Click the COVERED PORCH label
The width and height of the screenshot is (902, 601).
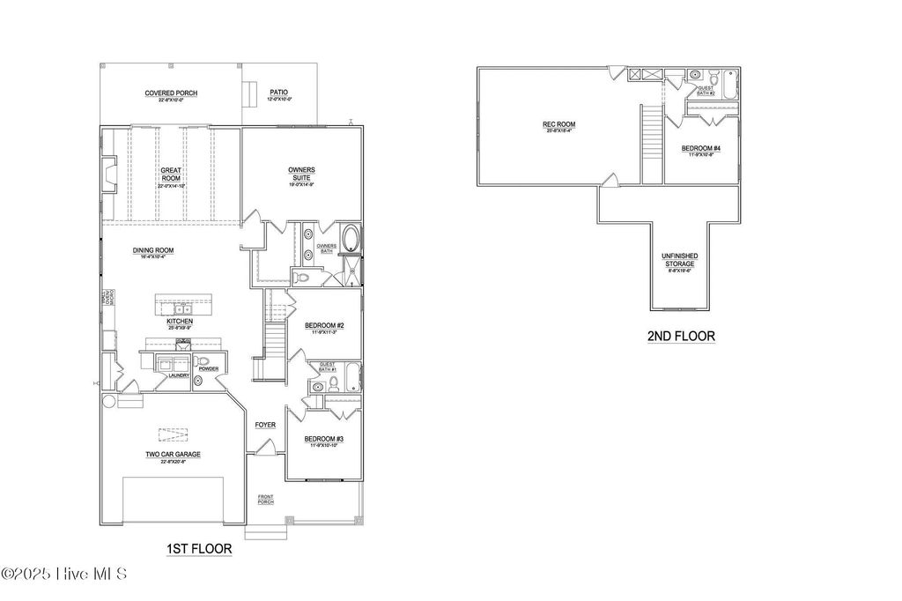171,93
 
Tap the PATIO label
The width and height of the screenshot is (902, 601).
278,93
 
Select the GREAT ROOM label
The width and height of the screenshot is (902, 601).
170,174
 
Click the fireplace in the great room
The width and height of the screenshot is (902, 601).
108,174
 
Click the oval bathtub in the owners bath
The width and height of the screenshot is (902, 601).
350,240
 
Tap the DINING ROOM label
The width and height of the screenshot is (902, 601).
150,250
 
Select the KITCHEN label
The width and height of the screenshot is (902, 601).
180,322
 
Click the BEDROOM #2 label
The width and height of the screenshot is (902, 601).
323,326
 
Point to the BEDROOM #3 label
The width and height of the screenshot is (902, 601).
323,439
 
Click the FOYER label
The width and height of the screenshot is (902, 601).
265,425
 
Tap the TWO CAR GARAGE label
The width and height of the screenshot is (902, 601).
173,455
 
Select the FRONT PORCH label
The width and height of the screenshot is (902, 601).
265,500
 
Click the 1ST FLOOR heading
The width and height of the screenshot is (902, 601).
199,549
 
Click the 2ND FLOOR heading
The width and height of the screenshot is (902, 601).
681,336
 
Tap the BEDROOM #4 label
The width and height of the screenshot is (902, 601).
701,149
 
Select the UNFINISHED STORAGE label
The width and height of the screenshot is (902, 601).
679,260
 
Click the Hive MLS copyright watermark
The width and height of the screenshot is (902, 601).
65,574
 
